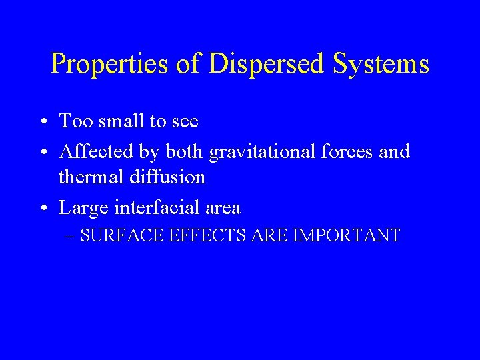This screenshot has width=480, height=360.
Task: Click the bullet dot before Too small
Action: [42, 122]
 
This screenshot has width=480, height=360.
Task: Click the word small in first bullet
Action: [119, 121]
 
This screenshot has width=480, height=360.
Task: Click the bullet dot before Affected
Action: [42, 153]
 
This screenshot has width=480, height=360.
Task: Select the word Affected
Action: [96, 151]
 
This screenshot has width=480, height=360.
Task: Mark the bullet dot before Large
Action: [42, 209]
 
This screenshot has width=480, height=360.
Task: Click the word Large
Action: [84, 209]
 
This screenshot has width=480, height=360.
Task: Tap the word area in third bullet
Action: [222, 209]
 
